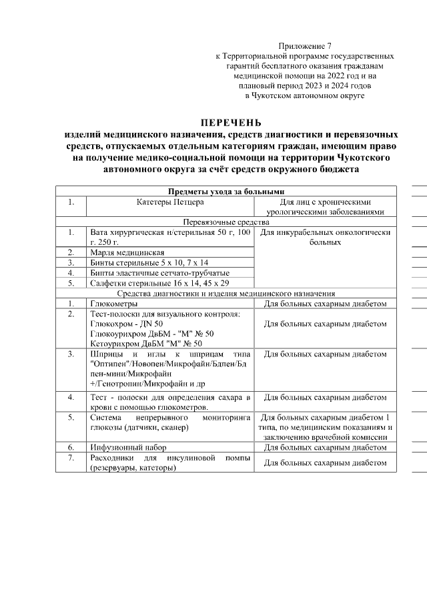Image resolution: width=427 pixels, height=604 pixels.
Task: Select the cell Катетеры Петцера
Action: point(170,202)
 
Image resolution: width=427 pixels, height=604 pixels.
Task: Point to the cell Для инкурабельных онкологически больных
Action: point(325,237)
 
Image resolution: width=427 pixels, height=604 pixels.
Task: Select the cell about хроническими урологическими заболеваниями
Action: point(325,206)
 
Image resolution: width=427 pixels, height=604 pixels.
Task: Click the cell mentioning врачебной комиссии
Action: point(325,426)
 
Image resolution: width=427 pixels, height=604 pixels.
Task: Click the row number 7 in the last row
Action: point(70,457)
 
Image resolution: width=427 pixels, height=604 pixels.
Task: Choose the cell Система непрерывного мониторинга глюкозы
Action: point(169,421)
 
